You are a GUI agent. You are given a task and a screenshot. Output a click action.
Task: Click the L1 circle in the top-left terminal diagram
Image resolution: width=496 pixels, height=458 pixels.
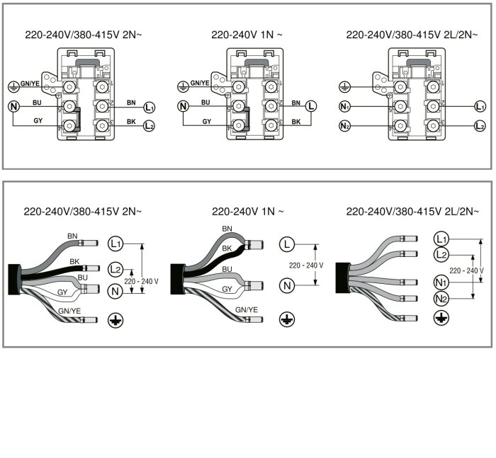pos(149,108)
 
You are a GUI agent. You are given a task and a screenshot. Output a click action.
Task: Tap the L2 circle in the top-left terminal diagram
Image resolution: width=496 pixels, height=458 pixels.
pos(149,126)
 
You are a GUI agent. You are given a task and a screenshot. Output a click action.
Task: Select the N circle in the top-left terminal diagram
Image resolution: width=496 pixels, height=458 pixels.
pos(13,107)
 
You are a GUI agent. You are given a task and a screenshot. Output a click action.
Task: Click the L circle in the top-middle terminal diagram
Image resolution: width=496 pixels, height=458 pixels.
pos(311,107)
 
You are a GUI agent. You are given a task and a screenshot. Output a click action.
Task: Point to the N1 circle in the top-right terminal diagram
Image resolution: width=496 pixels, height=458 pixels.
pos(345,107)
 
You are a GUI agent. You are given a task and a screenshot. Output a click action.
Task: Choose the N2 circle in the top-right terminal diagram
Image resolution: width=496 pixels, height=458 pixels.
pos(345,126)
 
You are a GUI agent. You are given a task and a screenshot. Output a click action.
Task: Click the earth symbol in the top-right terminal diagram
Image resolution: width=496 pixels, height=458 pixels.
pos(345,86)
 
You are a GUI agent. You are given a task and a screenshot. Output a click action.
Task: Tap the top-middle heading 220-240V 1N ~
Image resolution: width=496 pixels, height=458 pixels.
pos(247,34)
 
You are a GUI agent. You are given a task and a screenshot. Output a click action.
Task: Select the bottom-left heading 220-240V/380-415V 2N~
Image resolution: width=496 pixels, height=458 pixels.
pos(83,211)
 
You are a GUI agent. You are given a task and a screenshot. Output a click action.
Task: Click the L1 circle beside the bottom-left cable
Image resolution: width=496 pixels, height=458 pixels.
pos(115,244)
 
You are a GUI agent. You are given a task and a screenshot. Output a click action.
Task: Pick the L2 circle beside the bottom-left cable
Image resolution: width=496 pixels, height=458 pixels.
pos(115,270)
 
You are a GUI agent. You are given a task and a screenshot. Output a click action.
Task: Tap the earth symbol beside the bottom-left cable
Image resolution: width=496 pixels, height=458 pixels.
pos(115,321)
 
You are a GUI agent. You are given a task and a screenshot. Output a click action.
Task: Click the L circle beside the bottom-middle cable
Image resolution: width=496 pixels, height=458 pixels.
pos(286,244)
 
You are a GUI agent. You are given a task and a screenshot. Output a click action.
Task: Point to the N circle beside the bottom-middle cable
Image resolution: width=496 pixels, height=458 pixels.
pos(286,286)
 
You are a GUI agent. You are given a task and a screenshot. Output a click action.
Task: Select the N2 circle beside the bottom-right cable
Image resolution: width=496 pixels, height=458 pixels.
pos(441,299)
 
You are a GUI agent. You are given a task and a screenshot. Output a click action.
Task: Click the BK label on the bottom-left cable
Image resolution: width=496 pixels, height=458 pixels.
pos(74,261)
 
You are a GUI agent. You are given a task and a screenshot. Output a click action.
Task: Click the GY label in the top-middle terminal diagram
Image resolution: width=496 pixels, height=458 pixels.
pos(207,122)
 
